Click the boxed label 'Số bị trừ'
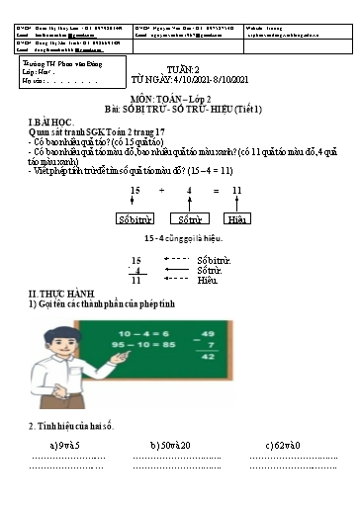click(133, 218)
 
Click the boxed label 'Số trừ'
click(186, 218)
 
